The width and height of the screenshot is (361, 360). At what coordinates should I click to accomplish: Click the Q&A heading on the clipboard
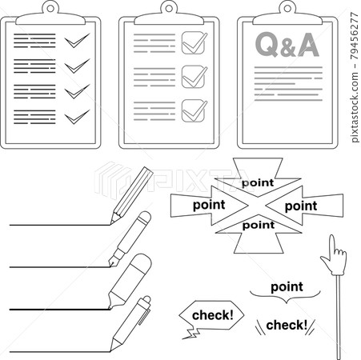pyautogui.click(x=286, y=46)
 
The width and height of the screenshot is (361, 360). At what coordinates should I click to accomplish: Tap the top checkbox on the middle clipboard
pyautogui.click(x=194, y=42)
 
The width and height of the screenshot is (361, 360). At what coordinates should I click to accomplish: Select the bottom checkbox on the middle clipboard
pyautogui.click(x=194, y=110)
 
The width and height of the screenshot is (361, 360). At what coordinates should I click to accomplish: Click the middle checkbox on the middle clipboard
pyautogui.click(x=194, y=76)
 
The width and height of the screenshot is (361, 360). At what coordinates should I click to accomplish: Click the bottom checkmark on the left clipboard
pyautogui.click(x=77, y=117)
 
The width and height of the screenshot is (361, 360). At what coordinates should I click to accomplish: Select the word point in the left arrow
pyautogui.click(x=209, y=205)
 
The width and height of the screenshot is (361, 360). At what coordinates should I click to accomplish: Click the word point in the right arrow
pyautogui.click(x=301, y=206)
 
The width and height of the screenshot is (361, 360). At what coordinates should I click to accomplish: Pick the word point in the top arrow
pyautogui.click(x=257, y=182)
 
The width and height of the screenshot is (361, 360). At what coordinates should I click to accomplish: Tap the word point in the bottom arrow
pyautogui.click(x=257, y=225)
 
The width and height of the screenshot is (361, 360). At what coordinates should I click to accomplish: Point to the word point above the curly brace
pyautogui.click(x=287, y=287)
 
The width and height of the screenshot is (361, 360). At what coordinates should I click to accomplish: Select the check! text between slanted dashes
pyautogui.click(x=286, y=325)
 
